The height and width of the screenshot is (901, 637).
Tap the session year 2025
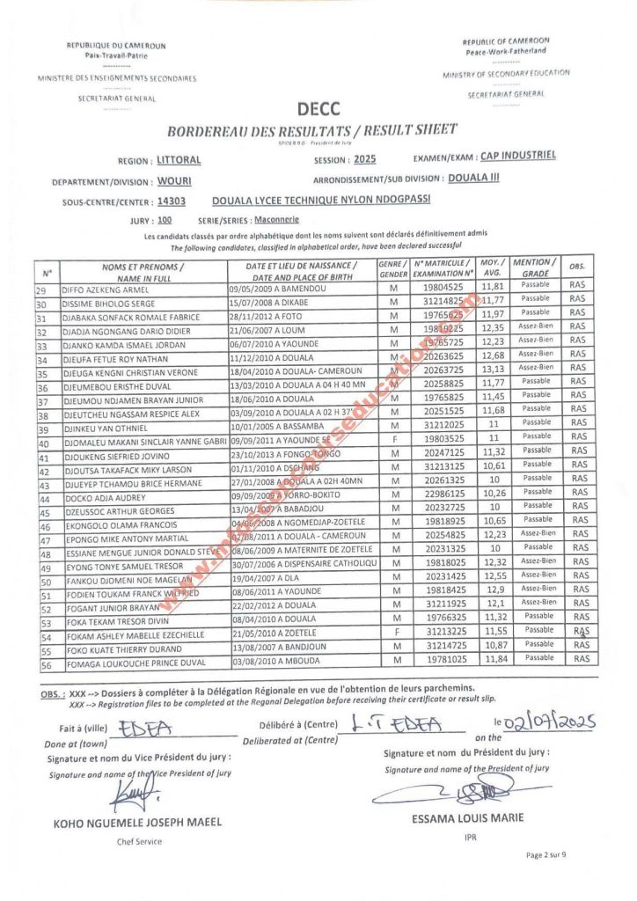pos(363,160)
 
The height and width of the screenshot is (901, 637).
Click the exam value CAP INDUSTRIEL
pos(517,156)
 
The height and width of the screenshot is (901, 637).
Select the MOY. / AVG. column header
pos(492,268)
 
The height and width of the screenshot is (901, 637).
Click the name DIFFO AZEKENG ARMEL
pos(106,288)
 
